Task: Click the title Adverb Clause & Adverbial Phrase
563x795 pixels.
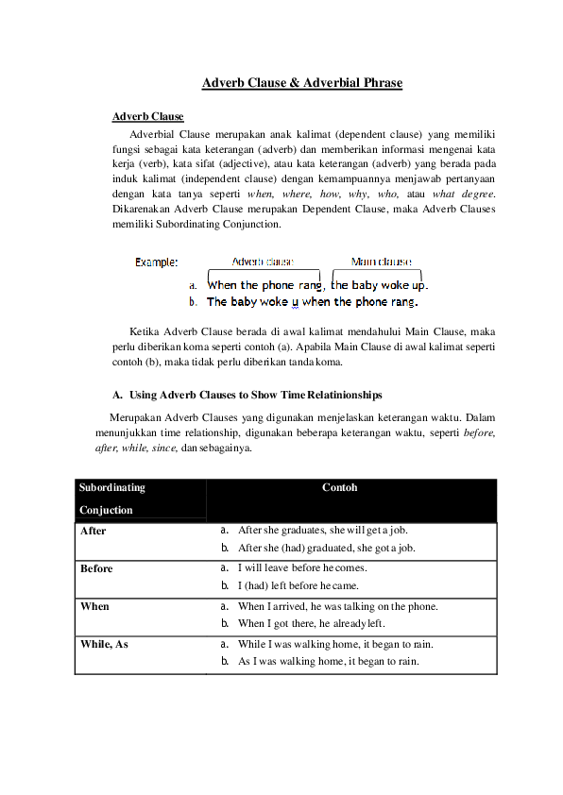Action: (302, 83)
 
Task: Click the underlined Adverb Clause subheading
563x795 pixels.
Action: (147, 116)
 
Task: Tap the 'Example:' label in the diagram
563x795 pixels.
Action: (156, 262)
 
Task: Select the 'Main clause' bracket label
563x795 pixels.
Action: (381, 262)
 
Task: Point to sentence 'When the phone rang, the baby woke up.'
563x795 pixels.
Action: (317, 284)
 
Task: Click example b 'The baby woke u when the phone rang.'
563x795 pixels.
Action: (312, 302)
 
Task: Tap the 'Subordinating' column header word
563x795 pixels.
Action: (112, 488)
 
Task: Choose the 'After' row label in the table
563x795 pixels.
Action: (94, 531)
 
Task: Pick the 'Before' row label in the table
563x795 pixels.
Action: (96, 568)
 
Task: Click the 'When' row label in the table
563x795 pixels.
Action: (94, 606)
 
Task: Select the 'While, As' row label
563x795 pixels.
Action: (104, 644)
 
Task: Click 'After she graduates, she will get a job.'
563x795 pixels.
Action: (326, 531)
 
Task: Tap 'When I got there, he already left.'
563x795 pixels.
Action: (312, 624)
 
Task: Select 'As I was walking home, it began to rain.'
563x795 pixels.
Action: (329, 662)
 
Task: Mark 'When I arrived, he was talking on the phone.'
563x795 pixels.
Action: (338, 606)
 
